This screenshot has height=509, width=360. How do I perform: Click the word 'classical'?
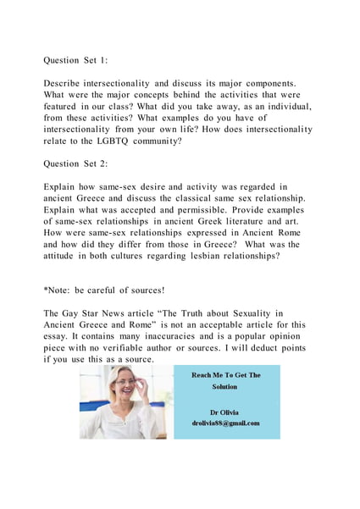click(198, 199)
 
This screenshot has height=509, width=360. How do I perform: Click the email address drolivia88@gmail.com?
click(225, 423)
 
